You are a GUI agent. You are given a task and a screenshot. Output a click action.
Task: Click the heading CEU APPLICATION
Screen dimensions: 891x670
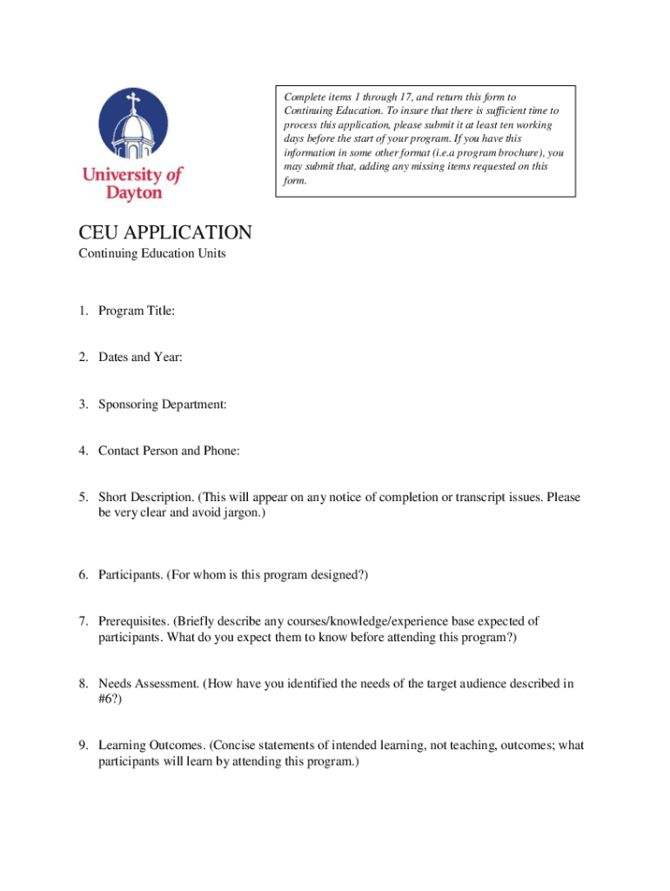pos(164,233)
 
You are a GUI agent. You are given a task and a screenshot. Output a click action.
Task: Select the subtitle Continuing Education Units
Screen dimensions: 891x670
pos(152,254)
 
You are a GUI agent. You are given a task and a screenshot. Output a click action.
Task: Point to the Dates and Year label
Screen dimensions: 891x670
pos(140,358)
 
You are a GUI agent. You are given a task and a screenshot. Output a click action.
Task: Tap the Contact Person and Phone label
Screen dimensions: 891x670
pos(169,451)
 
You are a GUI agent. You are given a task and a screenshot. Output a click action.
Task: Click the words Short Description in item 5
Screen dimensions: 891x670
pos(145,498)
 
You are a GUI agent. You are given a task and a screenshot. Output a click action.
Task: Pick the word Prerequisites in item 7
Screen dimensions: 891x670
pos(132,621)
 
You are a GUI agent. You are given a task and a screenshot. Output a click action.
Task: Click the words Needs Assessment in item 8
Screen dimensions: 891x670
pos(148,684)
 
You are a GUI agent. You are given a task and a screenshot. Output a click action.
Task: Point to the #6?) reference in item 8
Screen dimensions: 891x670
pos(110,700)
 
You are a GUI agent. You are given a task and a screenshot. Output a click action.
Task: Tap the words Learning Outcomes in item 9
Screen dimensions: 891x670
pos(151,746)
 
